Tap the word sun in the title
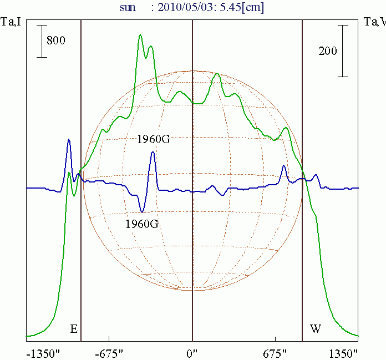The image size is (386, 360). point(128,8)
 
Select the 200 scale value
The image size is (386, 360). point(328,51)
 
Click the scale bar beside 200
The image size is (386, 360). point(344,50)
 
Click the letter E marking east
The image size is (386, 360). point(73,329)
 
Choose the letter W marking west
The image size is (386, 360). point(315,329)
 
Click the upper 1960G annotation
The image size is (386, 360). point(154,139)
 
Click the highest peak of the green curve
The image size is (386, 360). point(140,35)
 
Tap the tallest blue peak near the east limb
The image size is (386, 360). point(69,140)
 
